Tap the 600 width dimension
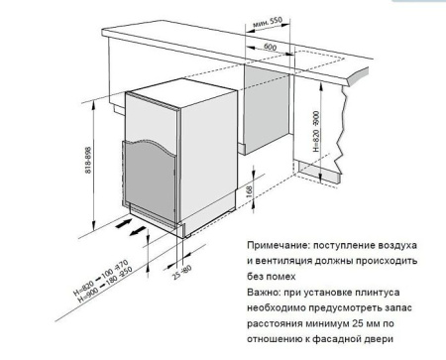(270, 46)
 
